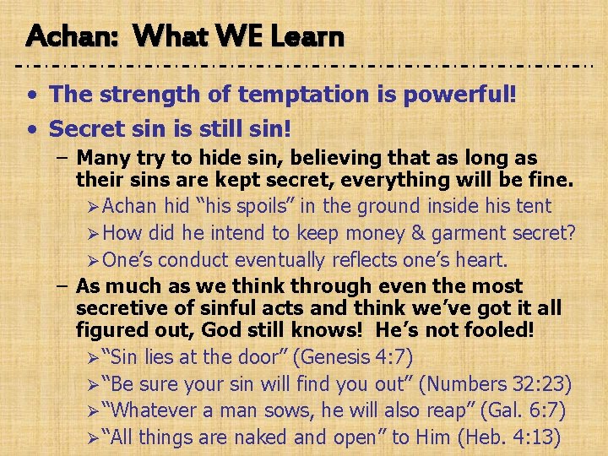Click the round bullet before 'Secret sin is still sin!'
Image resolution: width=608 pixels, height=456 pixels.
(31, 129)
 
